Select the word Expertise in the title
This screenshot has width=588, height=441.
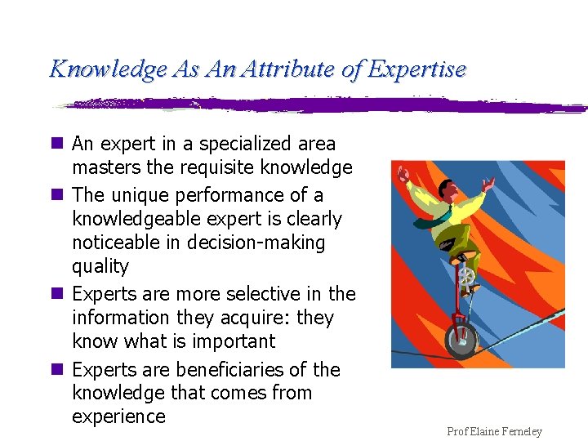click(x=416, y=69)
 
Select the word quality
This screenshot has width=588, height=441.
click(x=100, y=266)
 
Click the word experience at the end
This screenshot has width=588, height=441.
click(x=118, y=416)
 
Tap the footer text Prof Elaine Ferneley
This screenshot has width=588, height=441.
click(x=494, y=431)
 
